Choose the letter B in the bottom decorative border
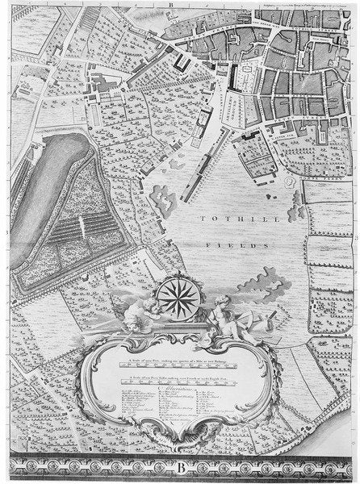pyautogui.click(x=179, y=465)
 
